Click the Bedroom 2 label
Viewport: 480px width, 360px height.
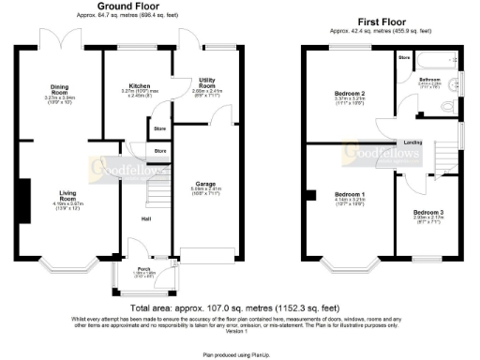[x=349, y=94]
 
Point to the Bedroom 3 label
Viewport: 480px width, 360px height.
[x=428, y=213]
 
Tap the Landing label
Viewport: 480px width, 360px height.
[x=412, y=142]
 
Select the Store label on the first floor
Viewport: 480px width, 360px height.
[x=403, y=57]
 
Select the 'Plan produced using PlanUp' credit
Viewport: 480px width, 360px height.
[x=240, y=355]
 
